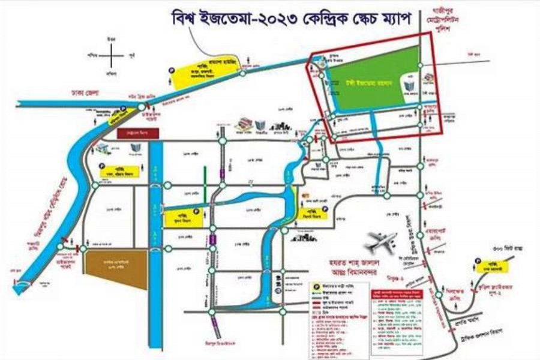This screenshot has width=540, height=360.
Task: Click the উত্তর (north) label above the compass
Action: click(110, 39)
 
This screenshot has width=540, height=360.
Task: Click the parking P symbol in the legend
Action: click(314, 286)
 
